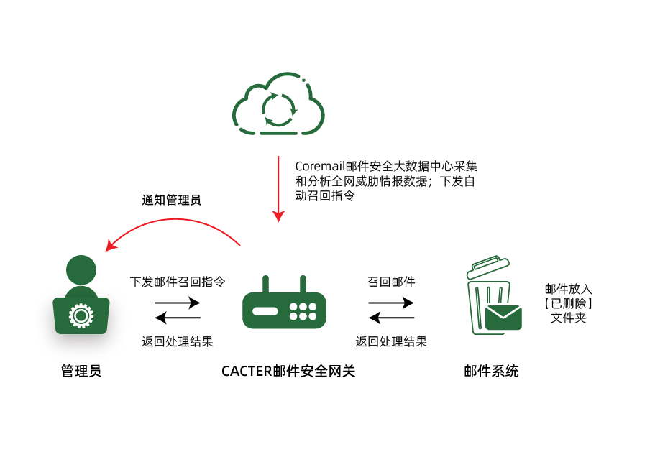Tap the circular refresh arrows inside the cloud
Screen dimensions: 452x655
pos(278,109)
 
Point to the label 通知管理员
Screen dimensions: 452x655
pos(171,200)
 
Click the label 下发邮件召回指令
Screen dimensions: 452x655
pos(178,281)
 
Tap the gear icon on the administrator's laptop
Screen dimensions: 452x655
pos(81,315)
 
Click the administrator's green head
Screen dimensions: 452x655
pos(81,270)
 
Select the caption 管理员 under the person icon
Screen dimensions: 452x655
pos(81,372)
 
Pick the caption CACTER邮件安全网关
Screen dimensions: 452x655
pos(288,372)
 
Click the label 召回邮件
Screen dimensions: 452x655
pos(391,281)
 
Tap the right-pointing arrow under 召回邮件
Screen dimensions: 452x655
pos(392,303)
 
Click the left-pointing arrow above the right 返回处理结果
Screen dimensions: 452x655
pos(392,318)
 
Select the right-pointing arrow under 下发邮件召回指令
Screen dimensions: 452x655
pos(178,303)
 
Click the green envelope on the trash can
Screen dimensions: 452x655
pos(503,317)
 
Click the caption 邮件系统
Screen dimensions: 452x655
pos(491,372)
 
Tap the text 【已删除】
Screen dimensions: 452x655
pos(568,303)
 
